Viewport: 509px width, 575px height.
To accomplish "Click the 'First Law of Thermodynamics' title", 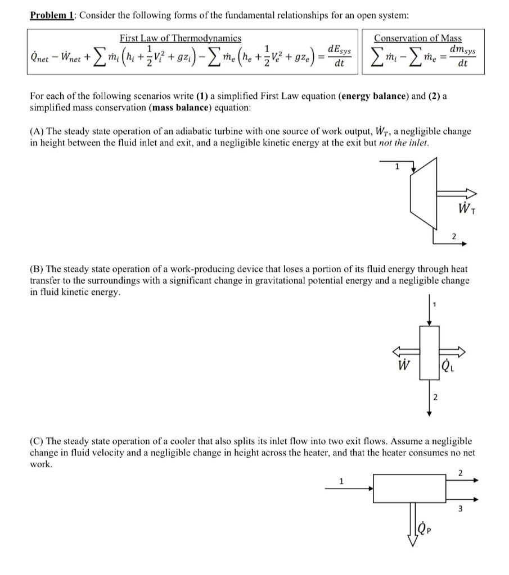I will [x=180, y=38].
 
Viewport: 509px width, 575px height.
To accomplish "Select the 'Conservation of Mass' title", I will [x=417, y=38].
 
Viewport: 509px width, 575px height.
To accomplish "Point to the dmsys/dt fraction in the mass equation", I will [x=462, y=57].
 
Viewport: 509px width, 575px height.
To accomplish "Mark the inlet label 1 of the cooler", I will [x=340, y=481].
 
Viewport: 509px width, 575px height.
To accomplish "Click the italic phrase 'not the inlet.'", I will [x=404, y=143].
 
